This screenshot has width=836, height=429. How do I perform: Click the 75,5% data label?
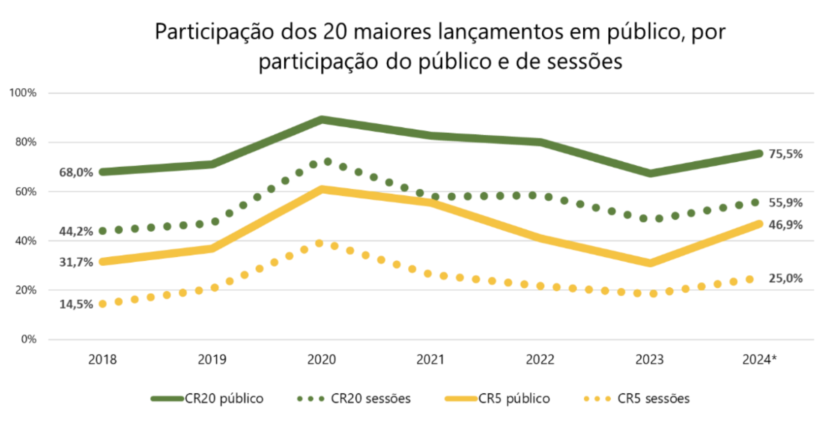point(785,154)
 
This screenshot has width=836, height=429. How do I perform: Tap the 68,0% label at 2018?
point(76,173)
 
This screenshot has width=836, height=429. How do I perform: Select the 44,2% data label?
point(76,232)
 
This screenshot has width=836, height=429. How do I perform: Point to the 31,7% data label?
point(76,262)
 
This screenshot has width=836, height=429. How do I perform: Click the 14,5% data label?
point(76,304)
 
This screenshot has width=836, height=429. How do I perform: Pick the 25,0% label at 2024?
point(785,279)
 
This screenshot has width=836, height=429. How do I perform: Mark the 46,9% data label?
point(785,225)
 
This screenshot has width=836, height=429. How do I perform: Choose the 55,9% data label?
point(785,203)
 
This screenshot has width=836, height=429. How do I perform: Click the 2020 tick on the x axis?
point(321,360)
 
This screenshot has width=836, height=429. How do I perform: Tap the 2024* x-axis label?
point(759,360)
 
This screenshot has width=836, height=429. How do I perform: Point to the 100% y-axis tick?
point(23,93)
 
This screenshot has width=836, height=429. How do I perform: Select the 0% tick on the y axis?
point(29,340)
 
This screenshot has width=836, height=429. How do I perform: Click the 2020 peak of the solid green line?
point(322,120)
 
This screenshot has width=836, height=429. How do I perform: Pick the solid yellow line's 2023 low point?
point(650,262)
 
